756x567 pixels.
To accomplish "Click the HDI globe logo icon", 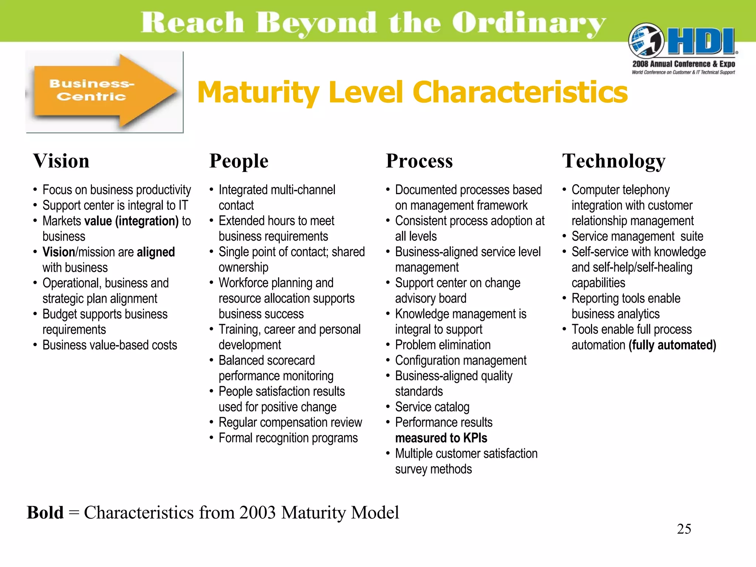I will [x=646, y=41].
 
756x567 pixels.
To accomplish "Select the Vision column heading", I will [x=61, y=161].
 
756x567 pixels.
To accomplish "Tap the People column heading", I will [x=239, y=161].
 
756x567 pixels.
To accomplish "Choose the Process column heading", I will [x=419, y=161].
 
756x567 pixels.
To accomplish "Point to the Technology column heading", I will [x=614, y=161].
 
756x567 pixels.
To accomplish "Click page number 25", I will [x=684, y=529].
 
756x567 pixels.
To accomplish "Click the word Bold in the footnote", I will [x=45, y=512].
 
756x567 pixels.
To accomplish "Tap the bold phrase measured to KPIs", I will [x=441, y=438].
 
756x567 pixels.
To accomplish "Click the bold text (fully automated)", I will [x=672, y=345].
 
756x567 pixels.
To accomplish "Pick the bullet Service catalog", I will [x=432, y=407].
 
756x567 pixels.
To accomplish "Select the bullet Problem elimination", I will [x=443, y=345].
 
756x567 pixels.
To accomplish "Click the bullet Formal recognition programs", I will [x=288, y=438].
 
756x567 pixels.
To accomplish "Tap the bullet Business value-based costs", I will [x=110, y=345].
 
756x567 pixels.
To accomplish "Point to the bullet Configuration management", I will [x=460, y=360].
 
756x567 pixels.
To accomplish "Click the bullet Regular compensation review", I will [x=290, y=422].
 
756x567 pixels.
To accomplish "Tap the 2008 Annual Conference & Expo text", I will [x=683, y=64].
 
